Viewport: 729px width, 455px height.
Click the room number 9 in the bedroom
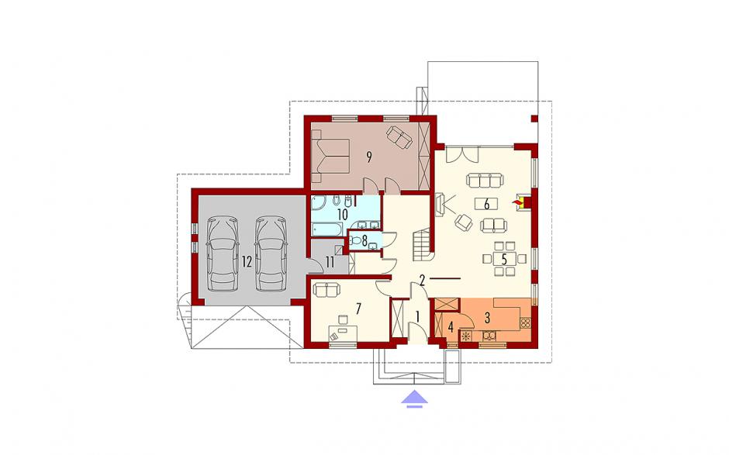click(x=368, y=157)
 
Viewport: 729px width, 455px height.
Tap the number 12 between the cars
click(x=247, y=262)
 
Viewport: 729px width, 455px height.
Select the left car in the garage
click(x=223, y=253)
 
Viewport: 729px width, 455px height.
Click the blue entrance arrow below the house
click(x=415, y=399)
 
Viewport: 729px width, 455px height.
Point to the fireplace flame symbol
click(x=516, y=202)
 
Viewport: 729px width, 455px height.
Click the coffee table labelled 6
click(x=486, y=204)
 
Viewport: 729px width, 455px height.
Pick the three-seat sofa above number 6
click(x=485, y=180)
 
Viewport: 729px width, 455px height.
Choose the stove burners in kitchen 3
click(x=525, y=322)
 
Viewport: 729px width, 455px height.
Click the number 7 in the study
click(x=358, y=309)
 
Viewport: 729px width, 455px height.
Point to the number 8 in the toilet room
click(x=364, y=240)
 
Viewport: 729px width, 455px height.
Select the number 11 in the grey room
click(x=330, y=262)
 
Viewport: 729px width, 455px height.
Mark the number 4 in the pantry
click(x=450, y=327)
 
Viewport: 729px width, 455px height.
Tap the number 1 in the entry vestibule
click(x=417, y=318)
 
